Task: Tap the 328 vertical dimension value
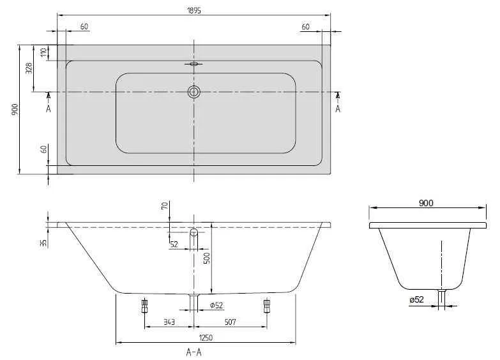[x=29, y=69]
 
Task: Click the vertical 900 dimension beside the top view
[x=14, y=109]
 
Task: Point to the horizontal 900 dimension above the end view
[x=426, y=203]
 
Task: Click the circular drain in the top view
[x=194, y=92]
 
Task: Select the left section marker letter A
[x=49, y=109]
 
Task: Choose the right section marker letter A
[x=338, y=109]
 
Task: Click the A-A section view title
[x=194, y=352]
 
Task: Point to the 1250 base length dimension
[x=205, y=338]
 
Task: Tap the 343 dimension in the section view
[x=169, y=322]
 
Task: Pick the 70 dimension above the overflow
[x=164, y=206]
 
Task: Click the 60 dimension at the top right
[x=305, y=26]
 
